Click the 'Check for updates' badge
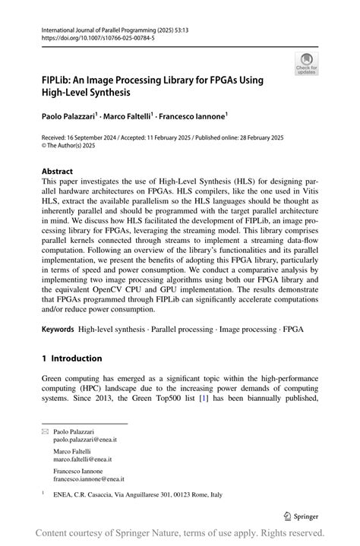coord(306,63)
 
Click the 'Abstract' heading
coord(58,172)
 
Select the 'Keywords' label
coord(58,329)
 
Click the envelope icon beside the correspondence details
coord(45,431)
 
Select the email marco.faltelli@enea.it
coord(82,459)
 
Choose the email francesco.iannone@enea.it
coord(89,479)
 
